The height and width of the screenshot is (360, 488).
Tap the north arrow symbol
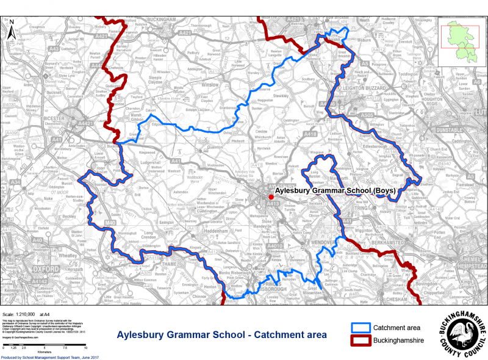[10, 29]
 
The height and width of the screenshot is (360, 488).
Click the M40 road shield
[110, 223]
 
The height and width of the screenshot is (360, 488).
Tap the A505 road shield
[366, 113]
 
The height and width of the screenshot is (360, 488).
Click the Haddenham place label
[218, 232]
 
